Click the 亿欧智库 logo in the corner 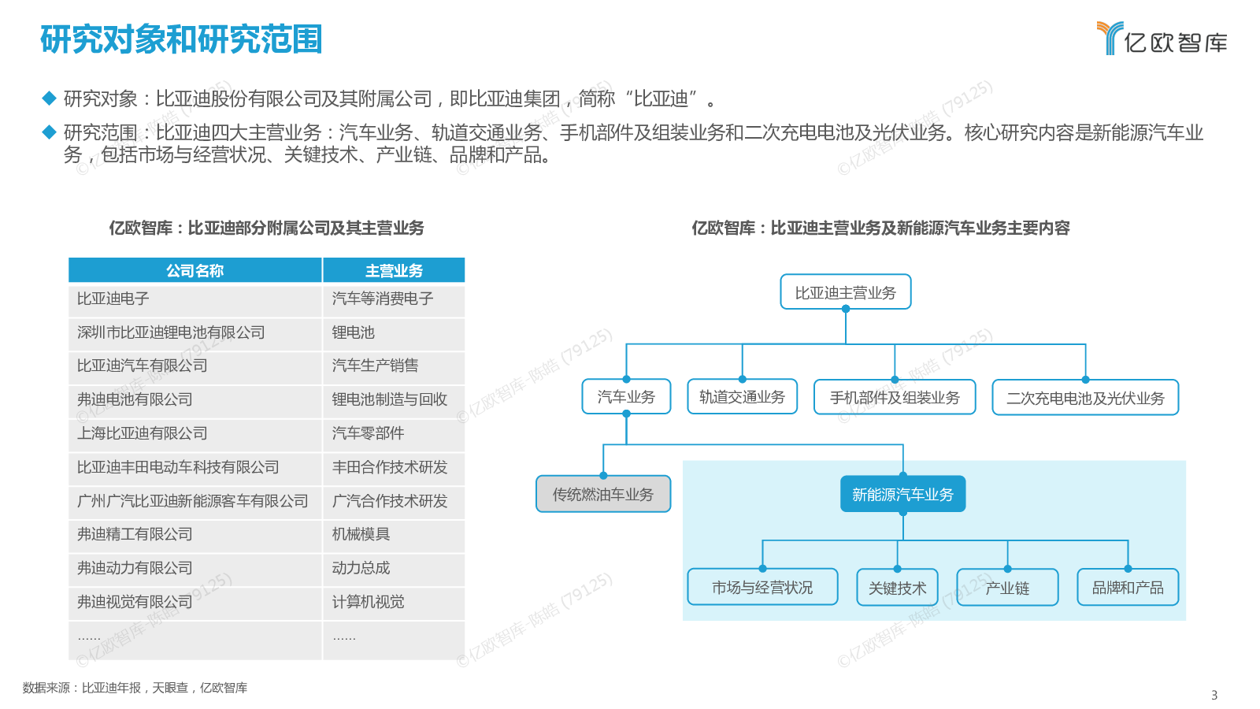click(x=1162, y=39)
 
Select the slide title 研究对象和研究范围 click(x=181, y=39)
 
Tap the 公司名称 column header click(x=195, y=271)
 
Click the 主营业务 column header click(x=394, y=271)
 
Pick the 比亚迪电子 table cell click(x=195, y=299)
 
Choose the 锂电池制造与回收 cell click(x=394, y=399)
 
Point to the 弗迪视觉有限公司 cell click(x=195, y=602)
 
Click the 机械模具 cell click(x=394, y=534)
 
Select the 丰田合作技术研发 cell click(x=394, y=467)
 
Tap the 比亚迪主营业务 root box click(x=846, y=292)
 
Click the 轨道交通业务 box click(x=742, y=397)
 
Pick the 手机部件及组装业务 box click(x=895, y=397)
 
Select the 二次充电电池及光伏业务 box click(x=1085, y=398)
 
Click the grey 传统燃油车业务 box click(x=603, y=494)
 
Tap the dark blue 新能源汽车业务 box click(x=902, y=494)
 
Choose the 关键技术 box click(x=897, y=588)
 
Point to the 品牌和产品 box click(x=1128, y=588)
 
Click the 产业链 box click(x=1007, y=588)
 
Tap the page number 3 click(x=1214, y=695)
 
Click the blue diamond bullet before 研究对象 click(x=50, y=98)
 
